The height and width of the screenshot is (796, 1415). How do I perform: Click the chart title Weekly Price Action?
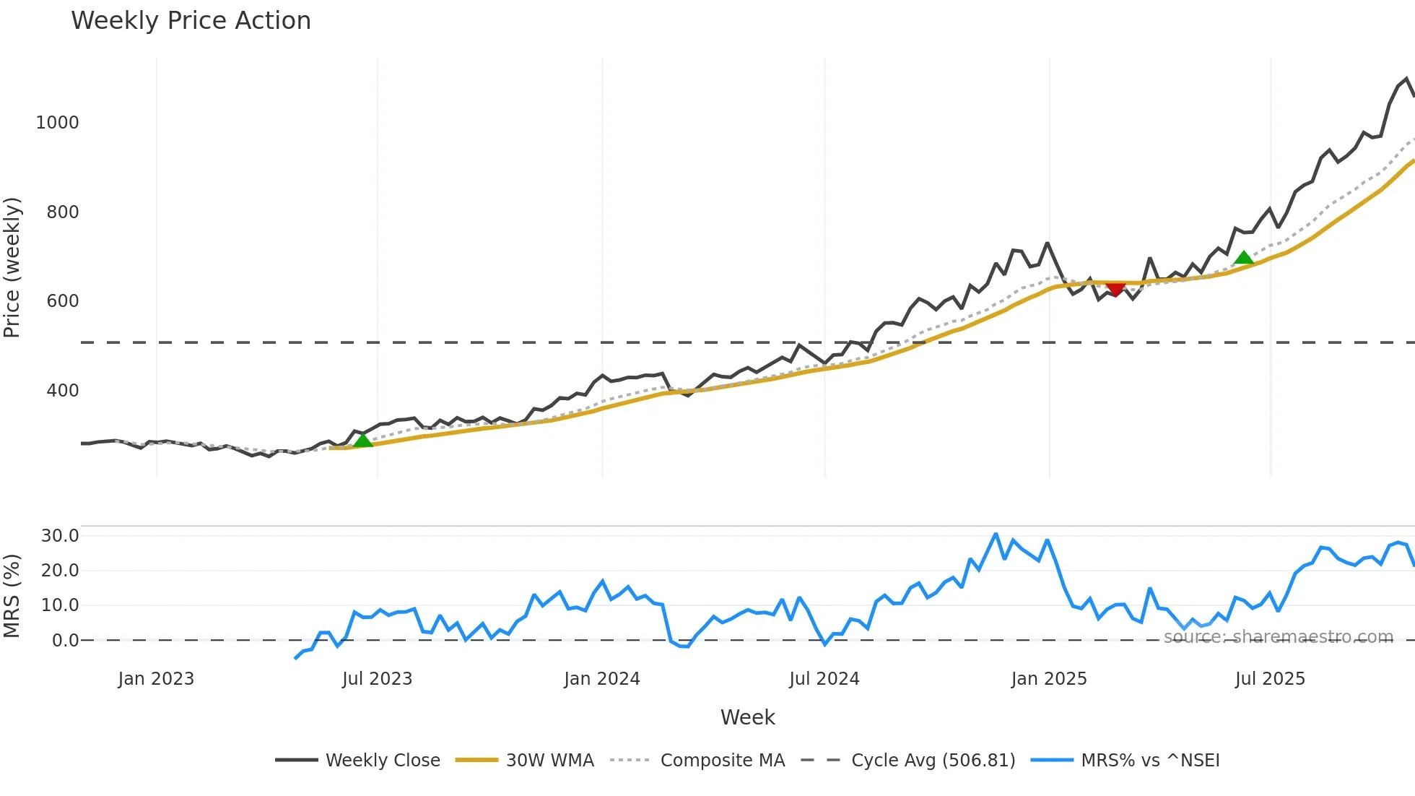pyautogui.click(x=191, y=21)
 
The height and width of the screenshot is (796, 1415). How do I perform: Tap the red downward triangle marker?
pyautogui.click(x=1115, y=289)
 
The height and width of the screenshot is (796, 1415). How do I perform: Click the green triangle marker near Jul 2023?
pyautogui.click(x=362, y=440)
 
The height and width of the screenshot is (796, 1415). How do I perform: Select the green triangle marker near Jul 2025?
pyautogui.click(x=1243, y=258)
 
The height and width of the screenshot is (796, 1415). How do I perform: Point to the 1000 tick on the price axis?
pyautogui.click(x=57, y=123)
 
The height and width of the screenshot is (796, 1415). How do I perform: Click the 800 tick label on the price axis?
pyautogui.click(x=62, y=212)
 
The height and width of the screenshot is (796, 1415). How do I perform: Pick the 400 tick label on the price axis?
pyautogui.click(x=62, y=391)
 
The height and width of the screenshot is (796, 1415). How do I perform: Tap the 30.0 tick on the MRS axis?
pyautogui.click(x=59, y=536)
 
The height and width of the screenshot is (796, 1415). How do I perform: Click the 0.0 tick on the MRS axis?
pyautogui.click(x=65, y=641)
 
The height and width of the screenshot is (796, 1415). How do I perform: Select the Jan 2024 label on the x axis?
pyautogui.click(x=601, y=679)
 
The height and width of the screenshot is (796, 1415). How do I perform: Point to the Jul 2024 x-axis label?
pyautogui.click(x=824, y=679)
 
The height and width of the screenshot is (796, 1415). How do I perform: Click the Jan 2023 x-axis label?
pyautogui.click(x=156, y=679)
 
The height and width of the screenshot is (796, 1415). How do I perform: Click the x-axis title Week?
pyautogui.click(x=747, y=717)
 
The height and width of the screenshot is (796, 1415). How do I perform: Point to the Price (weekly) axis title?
pyautogui.click(x=12, y=267)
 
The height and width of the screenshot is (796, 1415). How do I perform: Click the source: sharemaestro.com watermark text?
pyautogui.click(x=1278, y=637)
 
